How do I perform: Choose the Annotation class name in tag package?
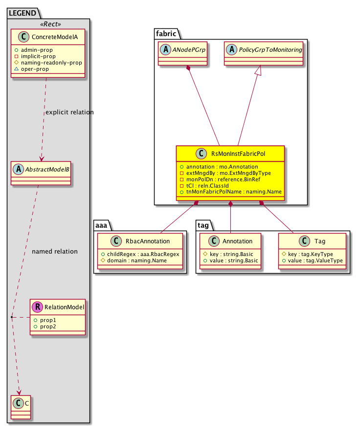pos(236,241)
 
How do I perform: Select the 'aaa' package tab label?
pos(102,225)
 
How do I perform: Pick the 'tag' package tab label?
pos(204,225)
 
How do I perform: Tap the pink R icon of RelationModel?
pos(37,307)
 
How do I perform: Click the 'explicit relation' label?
pos(69,112)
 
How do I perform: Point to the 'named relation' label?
pos(54,252)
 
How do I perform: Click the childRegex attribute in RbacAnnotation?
pos(140,254)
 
